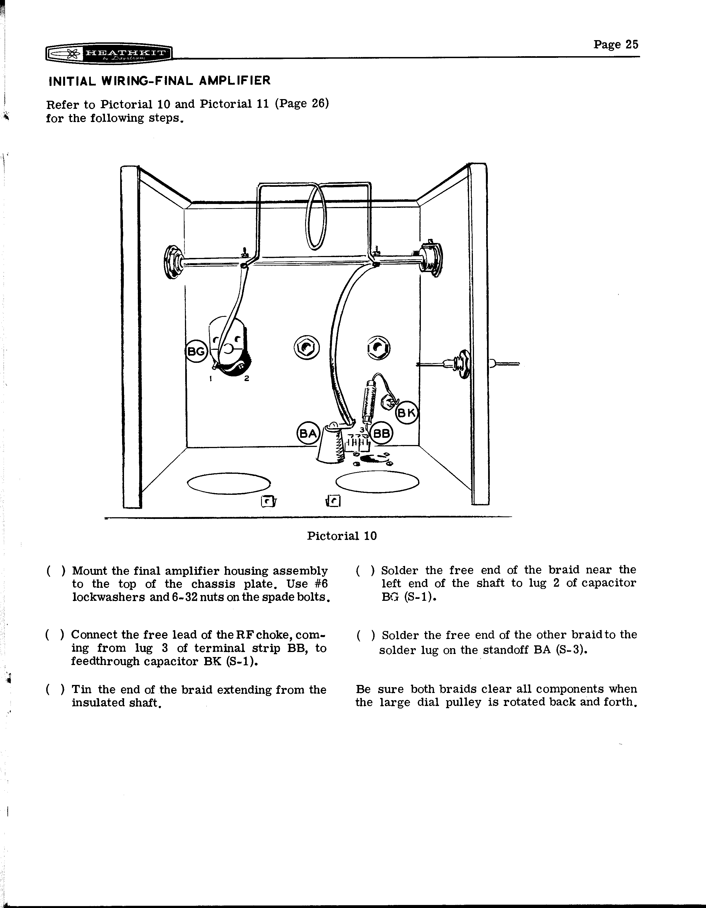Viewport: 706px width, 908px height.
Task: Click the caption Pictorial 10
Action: (342, 536)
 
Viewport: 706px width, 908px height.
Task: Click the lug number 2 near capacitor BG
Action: (247, 378)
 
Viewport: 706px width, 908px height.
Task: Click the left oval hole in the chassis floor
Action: (229, 483)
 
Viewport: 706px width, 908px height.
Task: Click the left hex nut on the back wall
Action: (306, 348)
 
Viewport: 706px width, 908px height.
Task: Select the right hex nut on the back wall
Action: (378, 348)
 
